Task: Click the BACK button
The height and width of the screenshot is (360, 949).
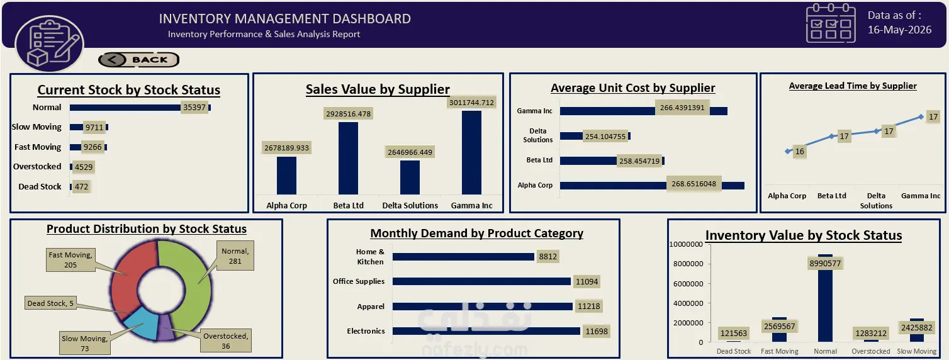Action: point(138,60)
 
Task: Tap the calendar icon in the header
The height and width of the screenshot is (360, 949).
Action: point(831,23)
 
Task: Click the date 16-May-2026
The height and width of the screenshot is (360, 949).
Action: point(899,30)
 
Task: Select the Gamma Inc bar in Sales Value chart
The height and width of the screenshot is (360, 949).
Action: point(471,152)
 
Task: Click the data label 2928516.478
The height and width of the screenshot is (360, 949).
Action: point(348,113)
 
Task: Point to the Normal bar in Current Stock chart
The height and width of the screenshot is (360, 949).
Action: point(140,108)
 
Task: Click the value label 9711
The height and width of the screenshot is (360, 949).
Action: point(94,127)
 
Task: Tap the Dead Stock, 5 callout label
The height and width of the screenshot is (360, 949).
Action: point(50,303)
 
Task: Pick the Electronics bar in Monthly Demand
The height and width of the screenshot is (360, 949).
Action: point(486,331)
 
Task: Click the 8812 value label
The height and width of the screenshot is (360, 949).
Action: point(547,256)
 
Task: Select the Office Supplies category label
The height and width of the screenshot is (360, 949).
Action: point(359,281)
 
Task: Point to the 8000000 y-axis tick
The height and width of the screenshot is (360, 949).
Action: point(688,264)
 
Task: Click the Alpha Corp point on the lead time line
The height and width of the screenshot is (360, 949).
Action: point(788,151)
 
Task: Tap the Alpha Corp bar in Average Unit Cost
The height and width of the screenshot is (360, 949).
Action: point(652,186)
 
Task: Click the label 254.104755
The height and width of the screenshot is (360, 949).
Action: point(605,137)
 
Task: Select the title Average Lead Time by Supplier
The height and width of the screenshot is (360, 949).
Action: point(853,86)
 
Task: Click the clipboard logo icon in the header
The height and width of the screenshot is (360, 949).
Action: point(50,43)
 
